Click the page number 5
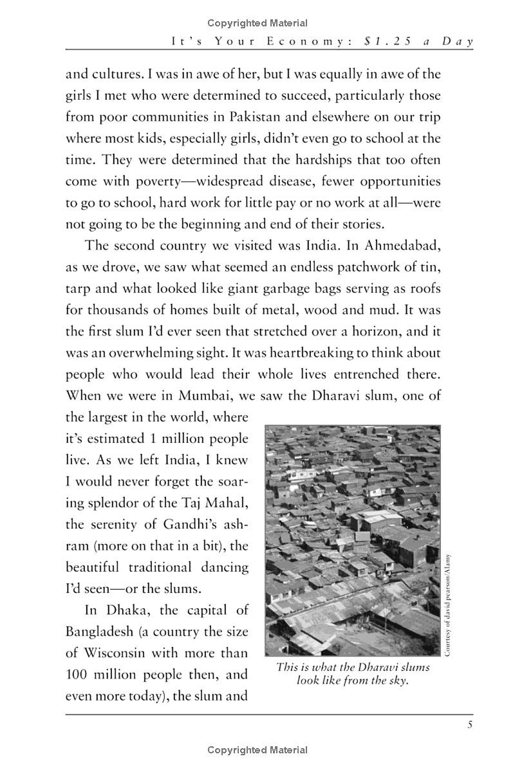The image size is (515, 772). tap(471, 725)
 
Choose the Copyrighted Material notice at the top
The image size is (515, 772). tap(257, 23)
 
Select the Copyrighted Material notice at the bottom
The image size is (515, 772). tap(257, 749)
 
